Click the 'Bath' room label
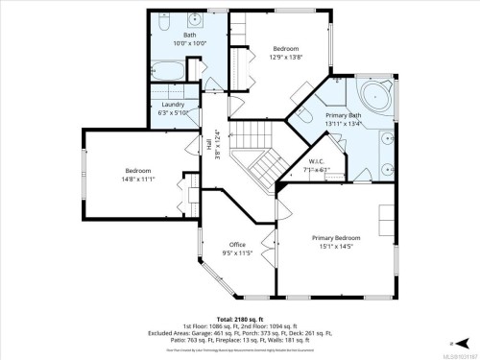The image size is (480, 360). [x=189, y=36]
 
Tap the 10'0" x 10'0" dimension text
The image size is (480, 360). [x=189, y=44]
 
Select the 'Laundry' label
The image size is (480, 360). [x=173, y=104]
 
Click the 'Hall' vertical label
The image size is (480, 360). [x=207, y=144]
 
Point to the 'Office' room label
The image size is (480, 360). [x=237, y=245]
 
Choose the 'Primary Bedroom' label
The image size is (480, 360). [x=336, y=237]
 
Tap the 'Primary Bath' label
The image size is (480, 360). [x=343, y=113]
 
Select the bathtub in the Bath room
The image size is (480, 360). [x=169, y=73]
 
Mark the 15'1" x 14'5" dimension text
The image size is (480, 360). [x=336, y=246]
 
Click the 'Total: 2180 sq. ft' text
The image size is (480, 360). [x=240, y=317]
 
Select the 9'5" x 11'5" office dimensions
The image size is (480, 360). [x=237, y=253]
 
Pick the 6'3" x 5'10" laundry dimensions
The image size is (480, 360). [x=173, y=112]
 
